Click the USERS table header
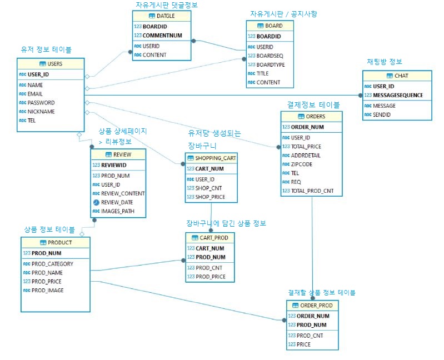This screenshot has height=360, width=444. (51, 64)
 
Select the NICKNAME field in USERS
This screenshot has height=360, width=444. (42, 112)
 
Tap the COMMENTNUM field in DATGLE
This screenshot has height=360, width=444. (162, 36)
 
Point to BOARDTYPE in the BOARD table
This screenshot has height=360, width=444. (270, 64)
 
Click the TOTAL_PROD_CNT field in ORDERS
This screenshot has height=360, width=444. (312, 191)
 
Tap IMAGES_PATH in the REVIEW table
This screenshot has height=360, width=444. (117, 211)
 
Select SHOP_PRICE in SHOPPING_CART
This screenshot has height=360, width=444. (210, 197)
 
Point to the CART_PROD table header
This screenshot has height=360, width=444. (211, 238)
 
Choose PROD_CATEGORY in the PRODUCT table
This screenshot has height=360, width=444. (52, 264)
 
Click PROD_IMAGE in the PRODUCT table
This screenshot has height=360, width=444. (47, 290)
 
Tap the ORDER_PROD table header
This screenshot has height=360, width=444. (312, 306)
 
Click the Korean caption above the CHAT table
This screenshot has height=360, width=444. (384, 62)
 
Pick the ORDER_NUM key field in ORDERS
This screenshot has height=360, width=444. (307, 127)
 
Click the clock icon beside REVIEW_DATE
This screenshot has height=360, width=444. (96, 202)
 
